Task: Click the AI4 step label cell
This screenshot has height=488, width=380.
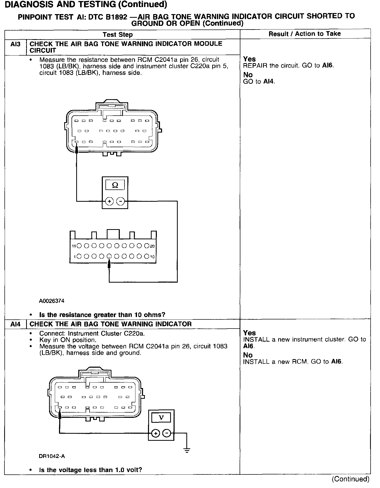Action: click(15, 324)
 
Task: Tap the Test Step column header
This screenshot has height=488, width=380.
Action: click(117, 34)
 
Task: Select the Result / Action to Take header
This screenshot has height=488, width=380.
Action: click(305, 34)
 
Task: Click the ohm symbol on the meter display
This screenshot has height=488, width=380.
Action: click(115, 185)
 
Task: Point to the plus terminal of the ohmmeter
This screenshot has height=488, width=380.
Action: click(109, 201)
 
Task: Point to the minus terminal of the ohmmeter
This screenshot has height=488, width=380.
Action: click(120, 201)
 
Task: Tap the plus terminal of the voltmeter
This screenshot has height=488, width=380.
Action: click(156, 433)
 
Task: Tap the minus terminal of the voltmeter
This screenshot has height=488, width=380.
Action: click(167, 433)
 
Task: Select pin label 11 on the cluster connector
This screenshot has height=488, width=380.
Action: click(74, 246)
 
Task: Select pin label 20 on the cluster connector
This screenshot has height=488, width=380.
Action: click(152, 246)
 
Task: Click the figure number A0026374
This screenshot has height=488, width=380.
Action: click(52, 301)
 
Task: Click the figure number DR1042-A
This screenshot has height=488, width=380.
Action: click(52, 456)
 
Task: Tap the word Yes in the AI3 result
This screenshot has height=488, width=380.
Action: click(249, 59)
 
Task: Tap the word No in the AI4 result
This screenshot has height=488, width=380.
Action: click(248, 355)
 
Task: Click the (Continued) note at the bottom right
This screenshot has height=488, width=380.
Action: click(350, 479)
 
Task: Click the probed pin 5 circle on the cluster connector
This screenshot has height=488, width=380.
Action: click(109, 257)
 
